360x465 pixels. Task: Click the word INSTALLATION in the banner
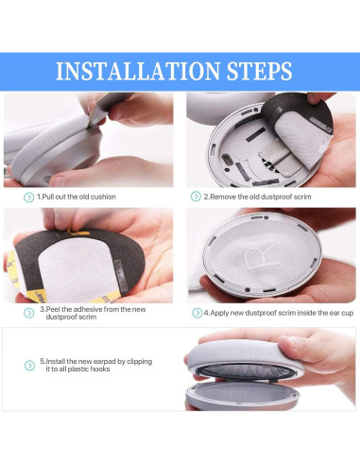pyautogui.click(x=138, y=71)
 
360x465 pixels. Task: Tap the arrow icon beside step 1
pyautogui.click(x=28, y=198)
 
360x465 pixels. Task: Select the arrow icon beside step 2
pyautogui.click(x=196, y=197)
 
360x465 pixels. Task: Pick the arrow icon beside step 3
pyautogui.click(x=28, y=313)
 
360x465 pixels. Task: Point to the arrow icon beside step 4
pyautogui.click(x=197, y=313)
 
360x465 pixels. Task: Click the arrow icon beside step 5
pyautogui.click(x=29, y=366)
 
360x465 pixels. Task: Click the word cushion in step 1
pyautogui.click(x=103, y=197)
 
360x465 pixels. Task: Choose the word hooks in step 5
pyautogui.click(x=100, y=369)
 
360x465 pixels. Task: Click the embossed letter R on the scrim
pyautogui.click(x=258, y=257)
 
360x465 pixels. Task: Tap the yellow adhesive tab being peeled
pyautogui.click(x=77, y=232)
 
